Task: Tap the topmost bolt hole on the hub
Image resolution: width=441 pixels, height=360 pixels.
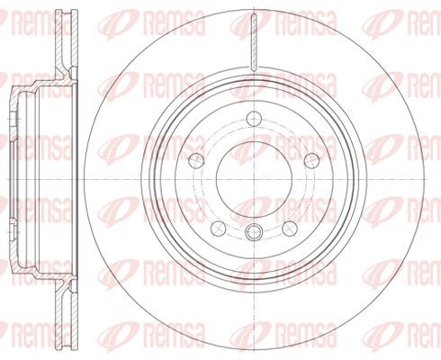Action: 254,119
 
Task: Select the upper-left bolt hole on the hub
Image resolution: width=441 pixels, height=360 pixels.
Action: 197,160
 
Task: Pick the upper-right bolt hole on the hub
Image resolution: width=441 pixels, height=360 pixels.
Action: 311,160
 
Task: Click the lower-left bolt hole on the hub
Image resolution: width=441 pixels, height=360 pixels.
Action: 219,229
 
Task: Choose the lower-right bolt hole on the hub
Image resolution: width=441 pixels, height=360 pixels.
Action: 290,229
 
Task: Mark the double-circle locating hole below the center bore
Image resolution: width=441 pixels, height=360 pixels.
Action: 254,232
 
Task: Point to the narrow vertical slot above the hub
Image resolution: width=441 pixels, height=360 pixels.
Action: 254,43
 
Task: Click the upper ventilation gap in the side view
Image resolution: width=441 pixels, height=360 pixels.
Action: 67,39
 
